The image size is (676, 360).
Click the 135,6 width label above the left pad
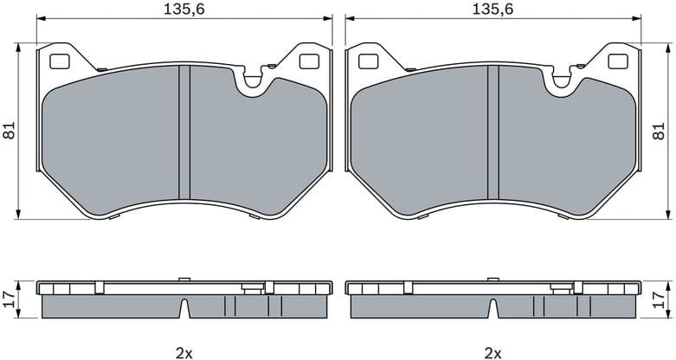(183, 9)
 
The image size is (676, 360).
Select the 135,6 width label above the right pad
(493, 9)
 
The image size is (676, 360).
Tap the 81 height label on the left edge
(10, 132)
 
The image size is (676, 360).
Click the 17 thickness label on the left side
(10, 299)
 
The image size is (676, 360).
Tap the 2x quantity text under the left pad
(183, 352)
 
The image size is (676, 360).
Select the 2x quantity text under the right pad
(493, 352)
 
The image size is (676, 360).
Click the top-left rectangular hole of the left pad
(60, 61)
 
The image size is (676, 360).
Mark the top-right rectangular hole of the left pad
(308, 61)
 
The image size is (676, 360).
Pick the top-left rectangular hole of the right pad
(368, 61)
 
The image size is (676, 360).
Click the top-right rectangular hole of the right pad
(617, 61)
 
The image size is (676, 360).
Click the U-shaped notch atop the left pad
(254, 81)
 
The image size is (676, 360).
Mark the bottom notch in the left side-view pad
(183, 308)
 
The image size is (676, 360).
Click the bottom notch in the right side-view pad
(493, 308)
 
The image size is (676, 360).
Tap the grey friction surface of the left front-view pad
(113, 138)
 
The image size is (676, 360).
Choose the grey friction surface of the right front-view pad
(424, 138)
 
